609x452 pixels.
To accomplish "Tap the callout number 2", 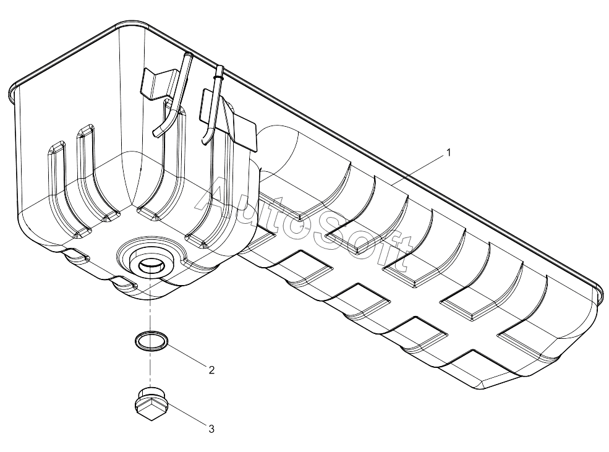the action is (x=211, y=370).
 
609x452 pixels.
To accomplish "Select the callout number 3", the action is (x=211, y=428).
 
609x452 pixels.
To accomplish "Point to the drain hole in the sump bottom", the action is (x=150, y=266).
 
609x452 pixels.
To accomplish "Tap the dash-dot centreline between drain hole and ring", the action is (x=150, y=309).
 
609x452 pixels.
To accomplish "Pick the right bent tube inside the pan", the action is (x=214, y=105).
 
